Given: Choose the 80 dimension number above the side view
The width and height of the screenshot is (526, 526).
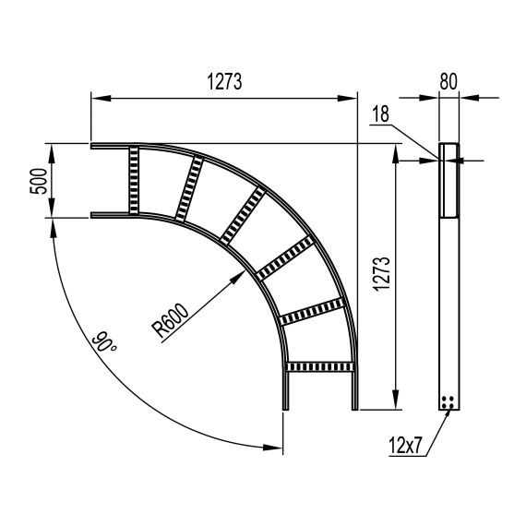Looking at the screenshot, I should tap(448, 80).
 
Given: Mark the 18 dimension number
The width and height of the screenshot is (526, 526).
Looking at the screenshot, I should tap(379, 114).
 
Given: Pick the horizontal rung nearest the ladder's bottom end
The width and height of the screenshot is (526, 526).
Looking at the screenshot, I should tap(319, 367).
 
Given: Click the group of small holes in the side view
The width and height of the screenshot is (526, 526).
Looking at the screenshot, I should tap(448, 401).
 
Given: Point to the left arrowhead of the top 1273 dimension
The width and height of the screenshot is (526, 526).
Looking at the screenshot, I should tap(93, 96).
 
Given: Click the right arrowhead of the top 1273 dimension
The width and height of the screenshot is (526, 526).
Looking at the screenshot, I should tap(354, 96).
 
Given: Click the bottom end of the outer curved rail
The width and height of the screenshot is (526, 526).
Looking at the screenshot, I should tap(354, 407).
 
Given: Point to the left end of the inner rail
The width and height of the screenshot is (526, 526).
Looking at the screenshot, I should tap(92, 216).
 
